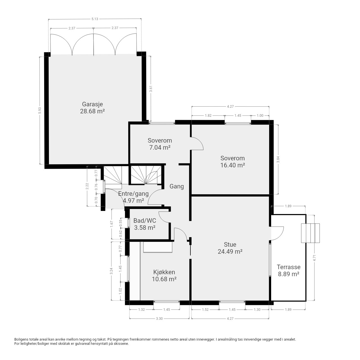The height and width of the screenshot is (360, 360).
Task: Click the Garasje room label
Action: point(92,104)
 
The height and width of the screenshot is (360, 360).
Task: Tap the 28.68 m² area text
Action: point(92,111)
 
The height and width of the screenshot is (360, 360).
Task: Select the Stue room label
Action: point(230,244)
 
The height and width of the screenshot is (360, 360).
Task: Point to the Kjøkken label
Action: point(164,272)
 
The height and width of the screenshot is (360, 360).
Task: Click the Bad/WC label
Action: point(145,220)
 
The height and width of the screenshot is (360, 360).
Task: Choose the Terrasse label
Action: point(289,267)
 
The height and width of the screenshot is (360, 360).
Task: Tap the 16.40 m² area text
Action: point(233,165)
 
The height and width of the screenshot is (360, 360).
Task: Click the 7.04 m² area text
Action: point(160,147)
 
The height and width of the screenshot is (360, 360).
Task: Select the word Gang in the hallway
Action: point(177,186)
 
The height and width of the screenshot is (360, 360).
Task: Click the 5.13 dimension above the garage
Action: point(95,19)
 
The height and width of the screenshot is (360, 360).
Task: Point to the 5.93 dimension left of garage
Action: point(39,111)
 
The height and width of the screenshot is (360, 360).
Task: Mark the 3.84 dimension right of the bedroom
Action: point(278,159)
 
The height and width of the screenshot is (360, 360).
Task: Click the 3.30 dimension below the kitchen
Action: point(159,319)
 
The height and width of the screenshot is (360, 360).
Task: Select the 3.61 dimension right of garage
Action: point(151,89)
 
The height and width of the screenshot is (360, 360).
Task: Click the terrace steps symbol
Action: point(310,233)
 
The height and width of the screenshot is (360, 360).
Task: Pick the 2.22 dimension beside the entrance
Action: point(87,186)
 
